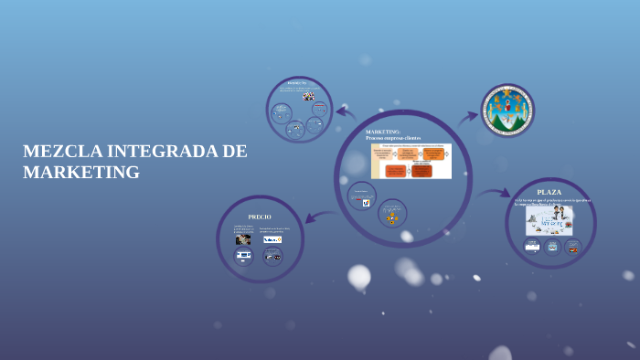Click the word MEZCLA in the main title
point(62,152)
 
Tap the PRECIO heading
point(260,217)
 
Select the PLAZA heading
point(549,192)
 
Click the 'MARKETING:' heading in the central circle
point(383,132)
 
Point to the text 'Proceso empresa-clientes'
point(393,138)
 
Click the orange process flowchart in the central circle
point(411,161)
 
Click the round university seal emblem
point(507,111)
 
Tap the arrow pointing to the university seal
point(467,117)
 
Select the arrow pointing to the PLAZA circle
point(495,193)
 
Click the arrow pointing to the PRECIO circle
point(319,217)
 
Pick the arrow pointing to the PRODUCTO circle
point(346,113)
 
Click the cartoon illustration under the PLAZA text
point(549,220)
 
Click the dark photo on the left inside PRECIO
point(243,239)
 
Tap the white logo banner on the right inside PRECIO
point(272,239)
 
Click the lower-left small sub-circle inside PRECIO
point(244,256)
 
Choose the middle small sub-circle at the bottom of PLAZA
point(552,247)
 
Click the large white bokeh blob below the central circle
point(359,275)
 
